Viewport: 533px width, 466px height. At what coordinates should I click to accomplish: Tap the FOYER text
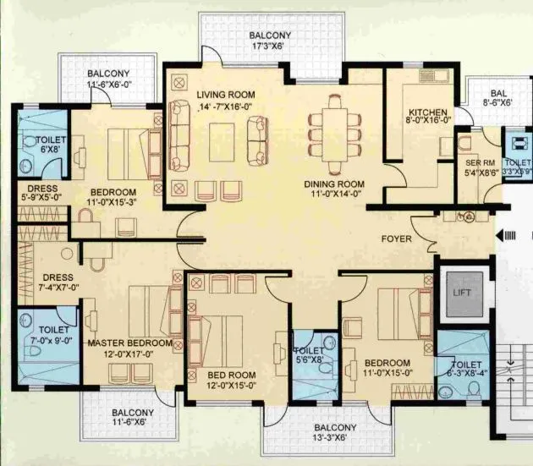[396, 239]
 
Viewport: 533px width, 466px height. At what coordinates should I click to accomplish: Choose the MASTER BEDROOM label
[130, 343]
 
